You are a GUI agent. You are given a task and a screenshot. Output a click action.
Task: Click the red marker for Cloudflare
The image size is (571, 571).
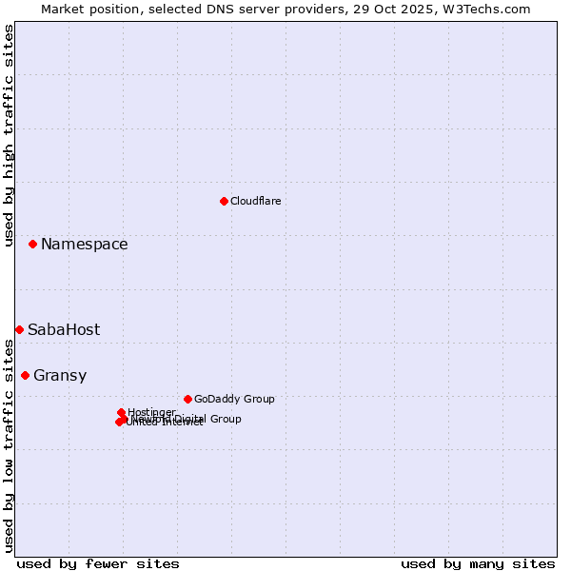pyautogui.click(x=224, y=201)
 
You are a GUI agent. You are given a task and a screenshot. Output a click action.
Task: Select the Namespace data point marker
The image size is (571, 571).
pyautogui.click(x=32, y=245)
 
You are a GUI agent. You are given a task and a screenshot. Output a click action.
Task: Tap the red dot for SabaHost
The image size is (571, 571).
pyautogui.click(x=19, y=329)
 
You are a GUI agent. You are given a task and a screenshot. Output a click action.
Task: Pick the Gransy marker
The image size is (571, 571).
pyautogui.click(x=25, y=375)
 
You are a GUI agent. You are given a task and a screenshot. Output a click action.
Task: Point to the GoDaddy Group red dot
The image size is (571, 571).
pyautogui.click(x=187, y=399)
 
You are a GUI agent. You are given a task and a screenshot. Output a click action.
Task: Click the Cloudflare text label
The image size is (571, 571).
pyautogui.click(x=255, y=201)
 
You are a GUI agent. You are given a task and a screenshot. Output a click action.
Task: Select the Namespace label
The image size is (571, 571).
pyautogui.click(x=84, y=245)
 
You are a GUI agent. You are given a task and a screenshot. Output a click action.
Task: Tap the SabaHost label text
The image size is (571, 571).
pyautogui.click(x=64, y=330)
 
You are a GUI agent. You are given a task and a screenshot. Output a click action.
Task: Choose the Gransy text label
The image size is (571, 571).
pyautogui.click(x=60, y=376)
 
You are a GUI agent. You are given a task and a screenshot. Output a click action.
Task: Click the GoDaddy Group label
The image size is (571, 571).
pyautogui.click(x=234, y=399)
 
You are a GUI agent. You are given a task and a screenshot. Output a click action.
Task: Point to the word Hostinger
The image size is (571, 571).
pyautogui.click(x=151, y=412)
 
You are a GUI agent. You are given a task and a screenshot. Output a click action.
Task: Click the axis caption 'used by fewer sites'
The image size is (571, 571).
pyautogui.click(x=98, y=563)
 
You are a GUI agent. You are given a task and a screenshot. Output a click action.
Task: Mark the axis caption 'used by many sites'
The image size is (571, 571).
pyautogui.click(x=478, y=563)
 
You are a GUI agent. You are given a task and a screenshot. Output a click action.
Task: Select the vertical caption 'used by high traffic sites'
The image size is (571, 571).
pyautogui.click(x=9, y=135)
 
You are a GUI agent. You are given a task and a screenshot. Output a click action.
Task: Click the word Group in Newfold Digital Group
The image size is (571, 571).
pyautogui.click(x=226, y=419)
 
